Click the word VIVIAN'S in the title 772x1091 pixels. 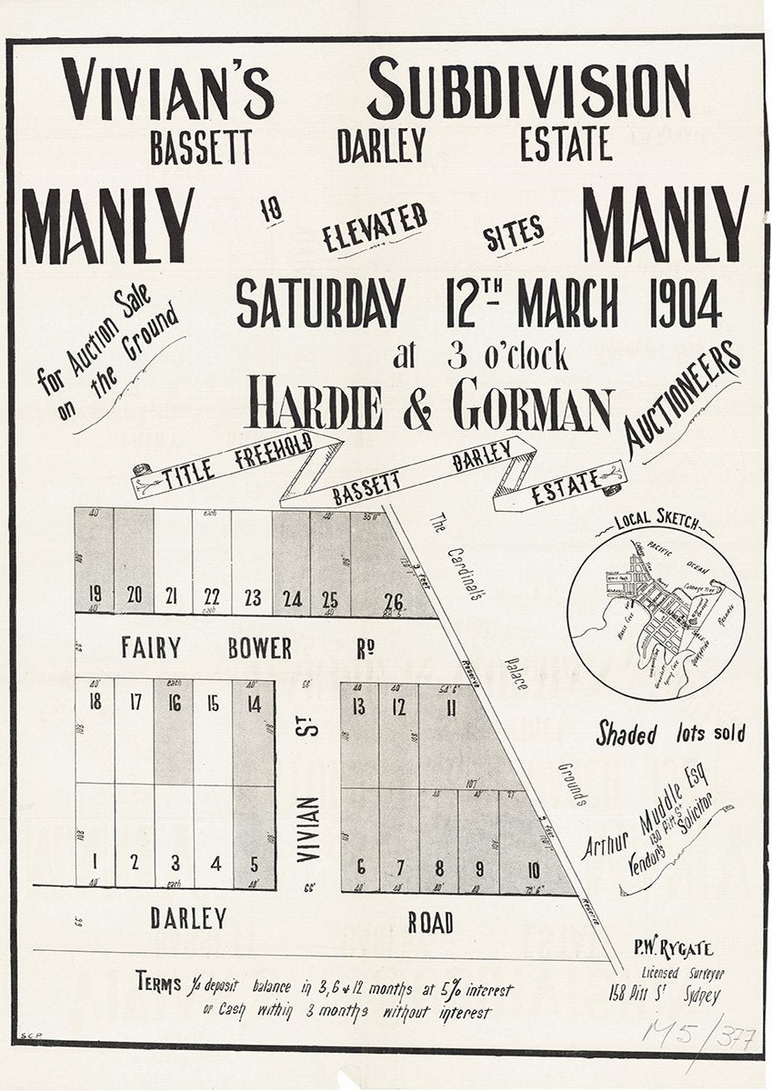[168, 90]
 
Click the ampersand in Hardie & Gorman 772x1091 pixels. [417, 409]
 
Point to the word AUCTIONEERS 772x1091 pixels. [683, 400]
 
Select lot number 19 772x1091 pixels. [95, 595]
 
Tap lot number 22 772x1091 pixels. [212, 596]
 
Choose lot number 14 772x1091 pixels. [254, 703]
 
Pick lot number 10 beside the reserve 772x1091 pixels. [533, 869]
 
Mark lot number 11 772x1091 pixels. [451, 707]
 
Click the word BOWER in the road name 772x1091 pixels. [260, 648]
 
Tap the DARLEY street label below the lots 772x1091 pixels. [188, 919]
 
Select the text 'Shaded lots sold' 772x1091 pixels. [670, 734]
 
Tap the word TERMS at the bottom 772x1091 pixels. [159, 983]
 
